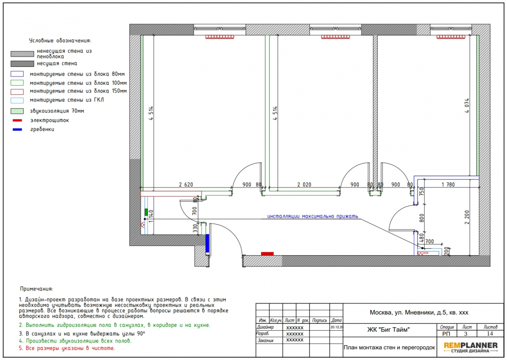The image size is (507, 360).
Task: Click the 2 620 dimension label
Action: tap(186, 184)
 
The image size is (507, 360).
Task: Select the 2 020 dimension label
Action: tap(304, 184)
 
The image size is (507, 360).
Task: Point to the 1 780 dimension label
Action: tap(448, 184)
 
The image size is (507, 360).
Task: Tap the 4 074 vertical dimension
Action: tap(467, 106)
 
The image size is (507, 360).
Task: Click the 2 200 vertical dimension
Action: tap(467, 217)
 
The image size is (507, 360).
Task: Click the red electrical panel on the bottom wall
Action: tap(267, 254)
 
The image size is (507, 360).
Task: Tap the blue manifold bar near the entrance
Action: tap(208, 243)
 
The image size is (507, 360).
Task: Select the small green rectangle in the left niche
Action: tap(146, 212)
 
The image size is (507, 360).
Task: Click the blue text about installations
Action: tap(313, 216)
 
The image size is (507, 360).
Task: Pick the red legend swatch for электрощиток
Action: tap(17, 121)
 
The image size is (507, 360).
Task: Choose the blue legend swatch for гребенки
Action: tap(17, 130)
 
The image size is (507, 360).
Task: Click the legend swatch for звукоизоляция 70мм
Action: tap(17, 111)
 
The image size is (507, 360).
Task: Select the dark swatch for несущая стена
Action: tap(22, 64)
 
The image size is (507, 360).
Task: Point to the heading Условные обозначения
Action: tap(60, 41)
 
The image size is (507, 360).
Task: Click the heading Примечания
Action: tap(37, 289)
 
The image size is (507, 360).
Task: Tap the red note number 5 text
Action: tap(67, 348)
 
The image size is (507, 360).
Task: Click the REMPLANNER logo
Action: tap(470, 347)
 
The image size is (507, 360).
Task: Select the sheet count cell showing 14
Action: tap(490, 334)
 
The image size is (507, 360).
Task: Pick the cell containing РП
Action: tap(446, 334)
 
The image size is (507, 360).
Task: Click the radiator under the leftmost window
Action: tap(220, 37)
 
